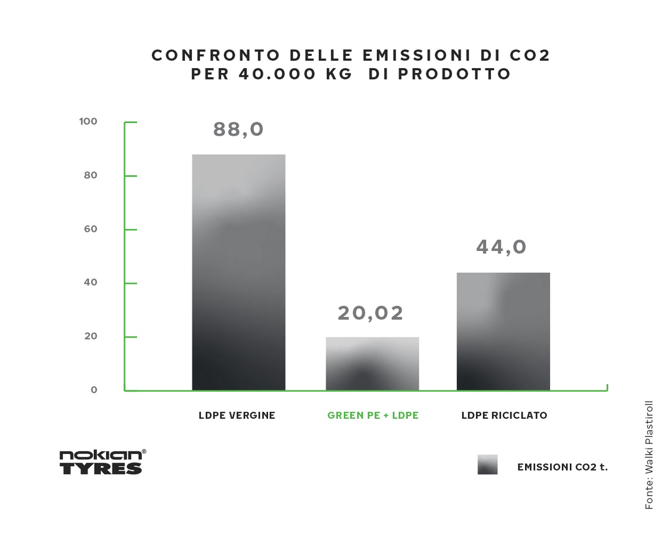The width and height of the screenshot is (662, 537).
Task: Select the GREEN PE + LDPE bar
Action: point(372,363)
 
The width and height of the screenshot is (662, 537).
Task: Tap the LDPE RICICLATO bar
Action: point(503,331)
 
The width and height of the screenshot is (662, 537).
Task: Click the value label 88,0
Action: point(238,130)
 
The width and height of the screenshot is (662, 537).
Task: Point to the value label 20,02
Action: point(371,313)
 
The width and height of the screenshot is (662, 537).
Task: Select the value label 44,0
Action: point(501,247)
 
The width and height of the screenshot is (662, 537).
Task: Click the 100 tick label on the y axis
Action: point(88,121)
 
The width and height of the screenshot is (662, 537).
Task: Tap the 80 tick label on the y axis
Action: point(90,175)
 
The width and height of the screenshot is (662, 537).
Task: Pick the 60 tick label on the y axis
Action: point(90,229)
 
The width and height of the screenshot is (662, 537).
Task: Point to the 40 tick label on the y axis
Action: point(90,282)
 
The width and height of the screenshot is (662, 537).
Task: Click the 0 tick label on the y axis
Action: point(94,390)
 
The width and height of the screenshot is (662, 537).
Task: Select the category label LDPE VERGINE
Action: point(237,415)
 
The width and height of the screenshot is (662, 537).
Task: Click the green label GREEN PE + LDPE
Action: point(373,415)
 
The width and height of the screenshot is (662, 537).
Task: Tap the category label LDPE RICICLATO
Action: point(504,415)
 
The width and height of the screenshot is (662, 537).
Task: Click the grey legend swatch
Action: point(487,465)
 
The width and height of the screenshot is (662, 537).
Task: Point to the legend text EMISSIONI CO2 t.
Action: point(562,467)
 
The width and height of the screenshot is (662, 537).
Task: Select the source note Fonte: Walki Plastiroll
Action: point(649,455)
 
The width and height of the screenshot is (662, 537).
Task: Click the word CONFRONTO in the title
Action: point(216,55)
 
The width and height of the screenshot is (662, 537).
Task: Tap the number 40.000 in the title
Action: point(278,74)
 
